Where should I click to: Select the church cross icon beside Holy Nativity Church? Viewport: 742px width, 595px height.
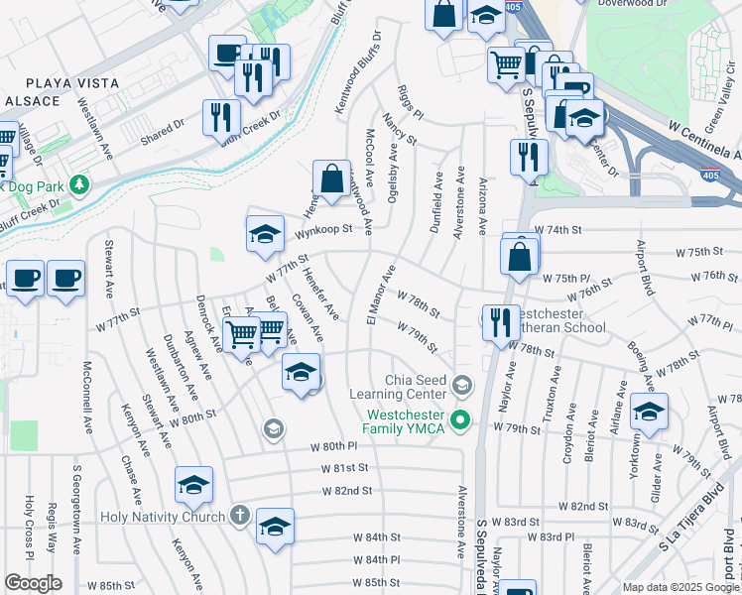238,515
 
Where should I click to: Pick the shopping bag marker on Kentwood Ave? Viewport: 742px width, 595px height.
331,179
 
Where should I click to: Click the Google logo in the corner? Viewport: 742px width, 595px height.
33,583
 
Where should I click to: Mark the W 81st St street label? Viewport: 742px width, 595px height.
344,467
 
